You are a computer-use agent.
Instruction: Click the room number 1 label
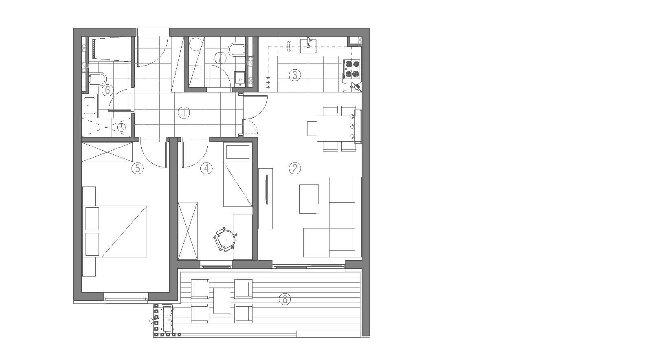(x=184, y=113)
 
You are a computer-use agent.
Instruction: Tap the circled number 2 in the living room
(x=294, y=169)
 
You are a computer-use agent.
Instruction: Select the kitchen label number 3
(x=294, y=75)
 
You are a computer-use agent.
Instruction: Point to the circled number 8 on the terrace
(x=285, y=299)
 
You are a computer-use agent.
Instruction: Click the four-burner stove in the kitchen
(x=352, y=69)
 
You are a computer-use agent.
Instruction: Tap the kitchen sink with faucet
(x=308, y=46)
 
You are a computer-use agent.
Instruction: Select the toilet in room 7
(x=237, y=50)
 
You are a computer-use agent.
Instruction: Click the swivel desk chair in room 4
(x=226, y=239)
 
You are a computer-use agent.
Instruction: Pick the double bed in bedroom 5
(x=116, y=231)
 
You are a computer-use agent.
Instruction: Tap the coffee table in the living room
(x=309, y=199)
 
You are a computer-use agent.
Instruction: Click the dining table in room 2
(x=336, y=129)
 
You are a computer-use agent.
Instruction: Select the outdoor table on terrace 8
(x=222, y=301)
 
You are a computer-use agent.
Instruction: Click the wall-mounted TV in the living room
(x=267, y=189)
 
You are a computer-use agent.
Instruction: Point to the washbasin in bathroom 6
(x=90, y=105)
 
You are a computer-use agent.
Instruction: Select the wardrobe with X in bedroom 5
(x=107, y=152)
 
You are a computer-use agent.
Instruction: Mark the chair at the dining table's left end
(x=312, y=129)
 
